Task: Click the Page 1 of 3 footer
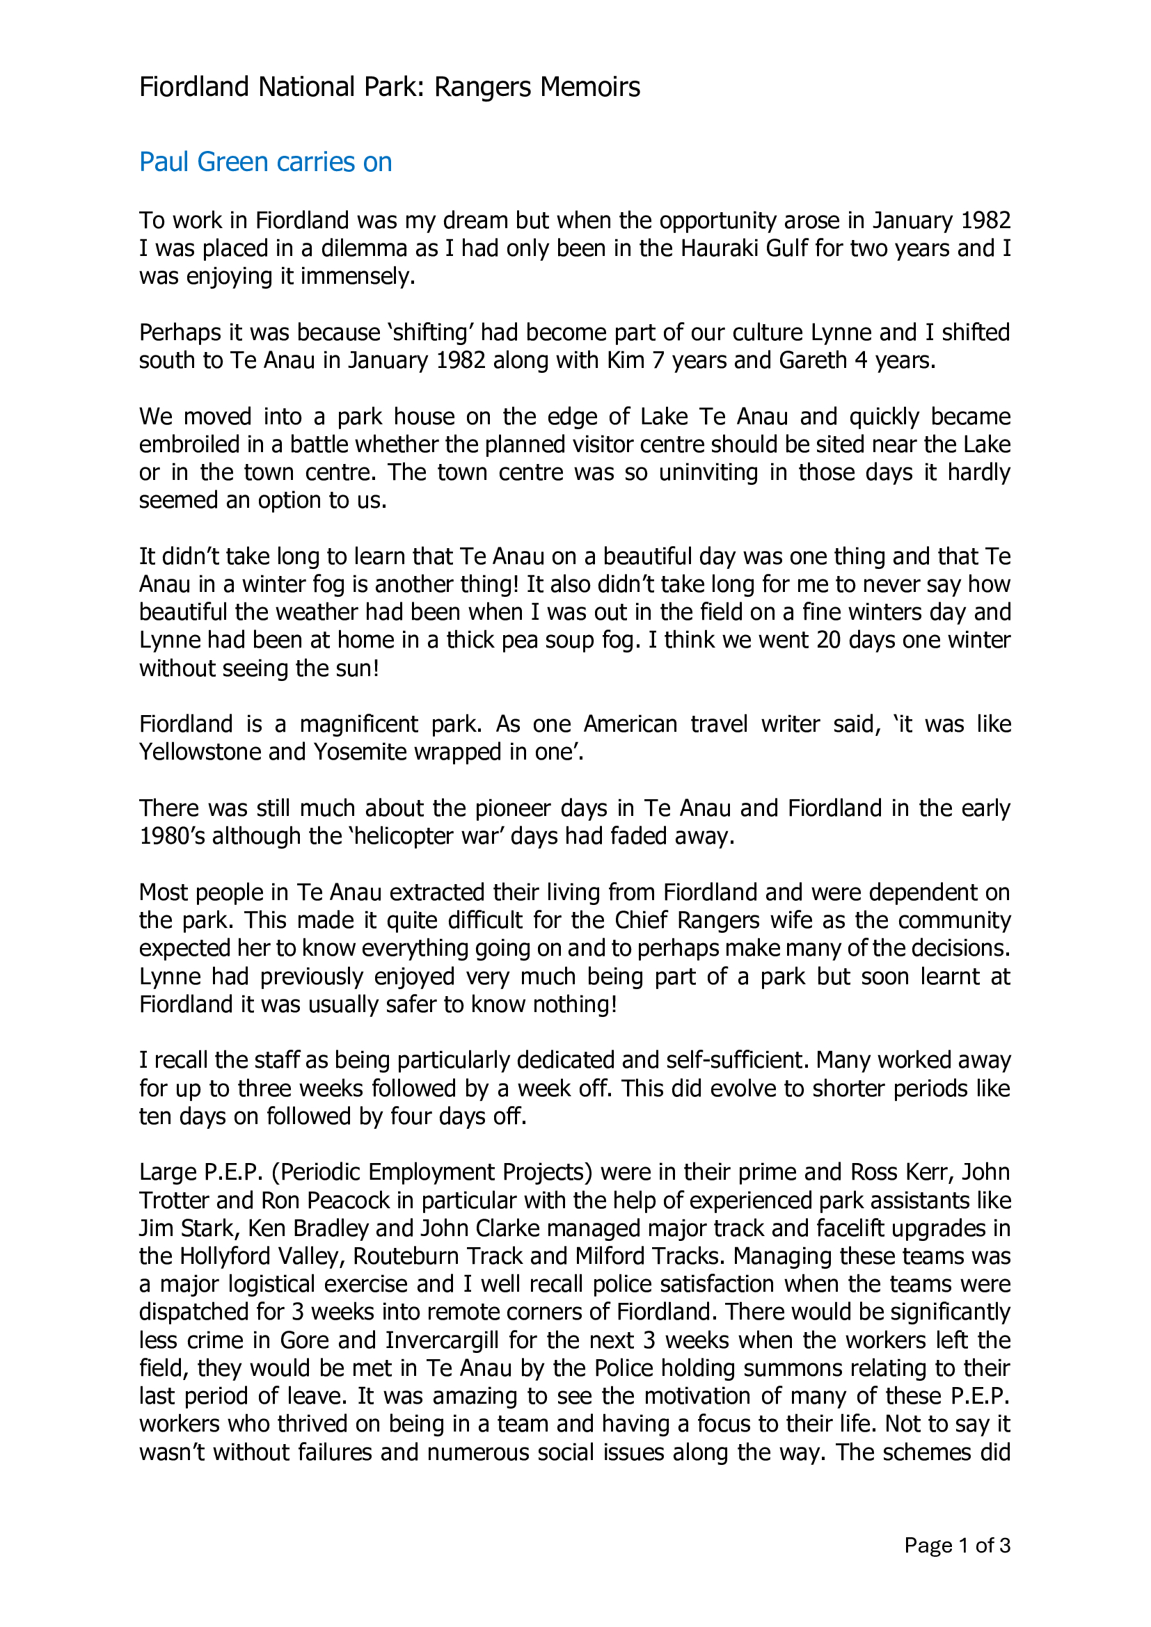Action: click(957, 1546)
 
